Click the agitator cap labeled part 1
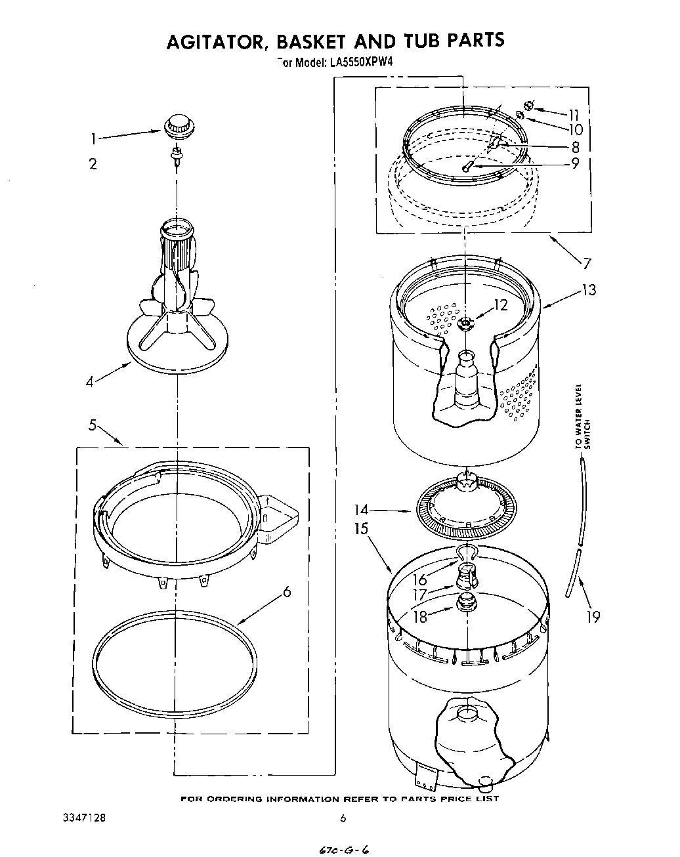click(x=176, y=125)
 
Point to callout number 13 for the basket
click(x=589, y=289)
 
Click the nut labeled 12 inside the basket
click(x=467, y=322)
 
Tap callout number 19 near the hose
click(x=593, y=617)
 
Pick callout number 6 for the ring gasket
click(x=286, y=592)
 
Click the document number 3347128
click(x=82, y=818)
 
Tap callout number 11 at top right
click(x=574, y=115)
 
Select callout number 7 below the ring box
click(x=586, y=264)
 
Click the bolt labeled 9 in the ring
click(x=467, y=167)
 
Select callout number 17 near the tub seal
click(x=419, y=596)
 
